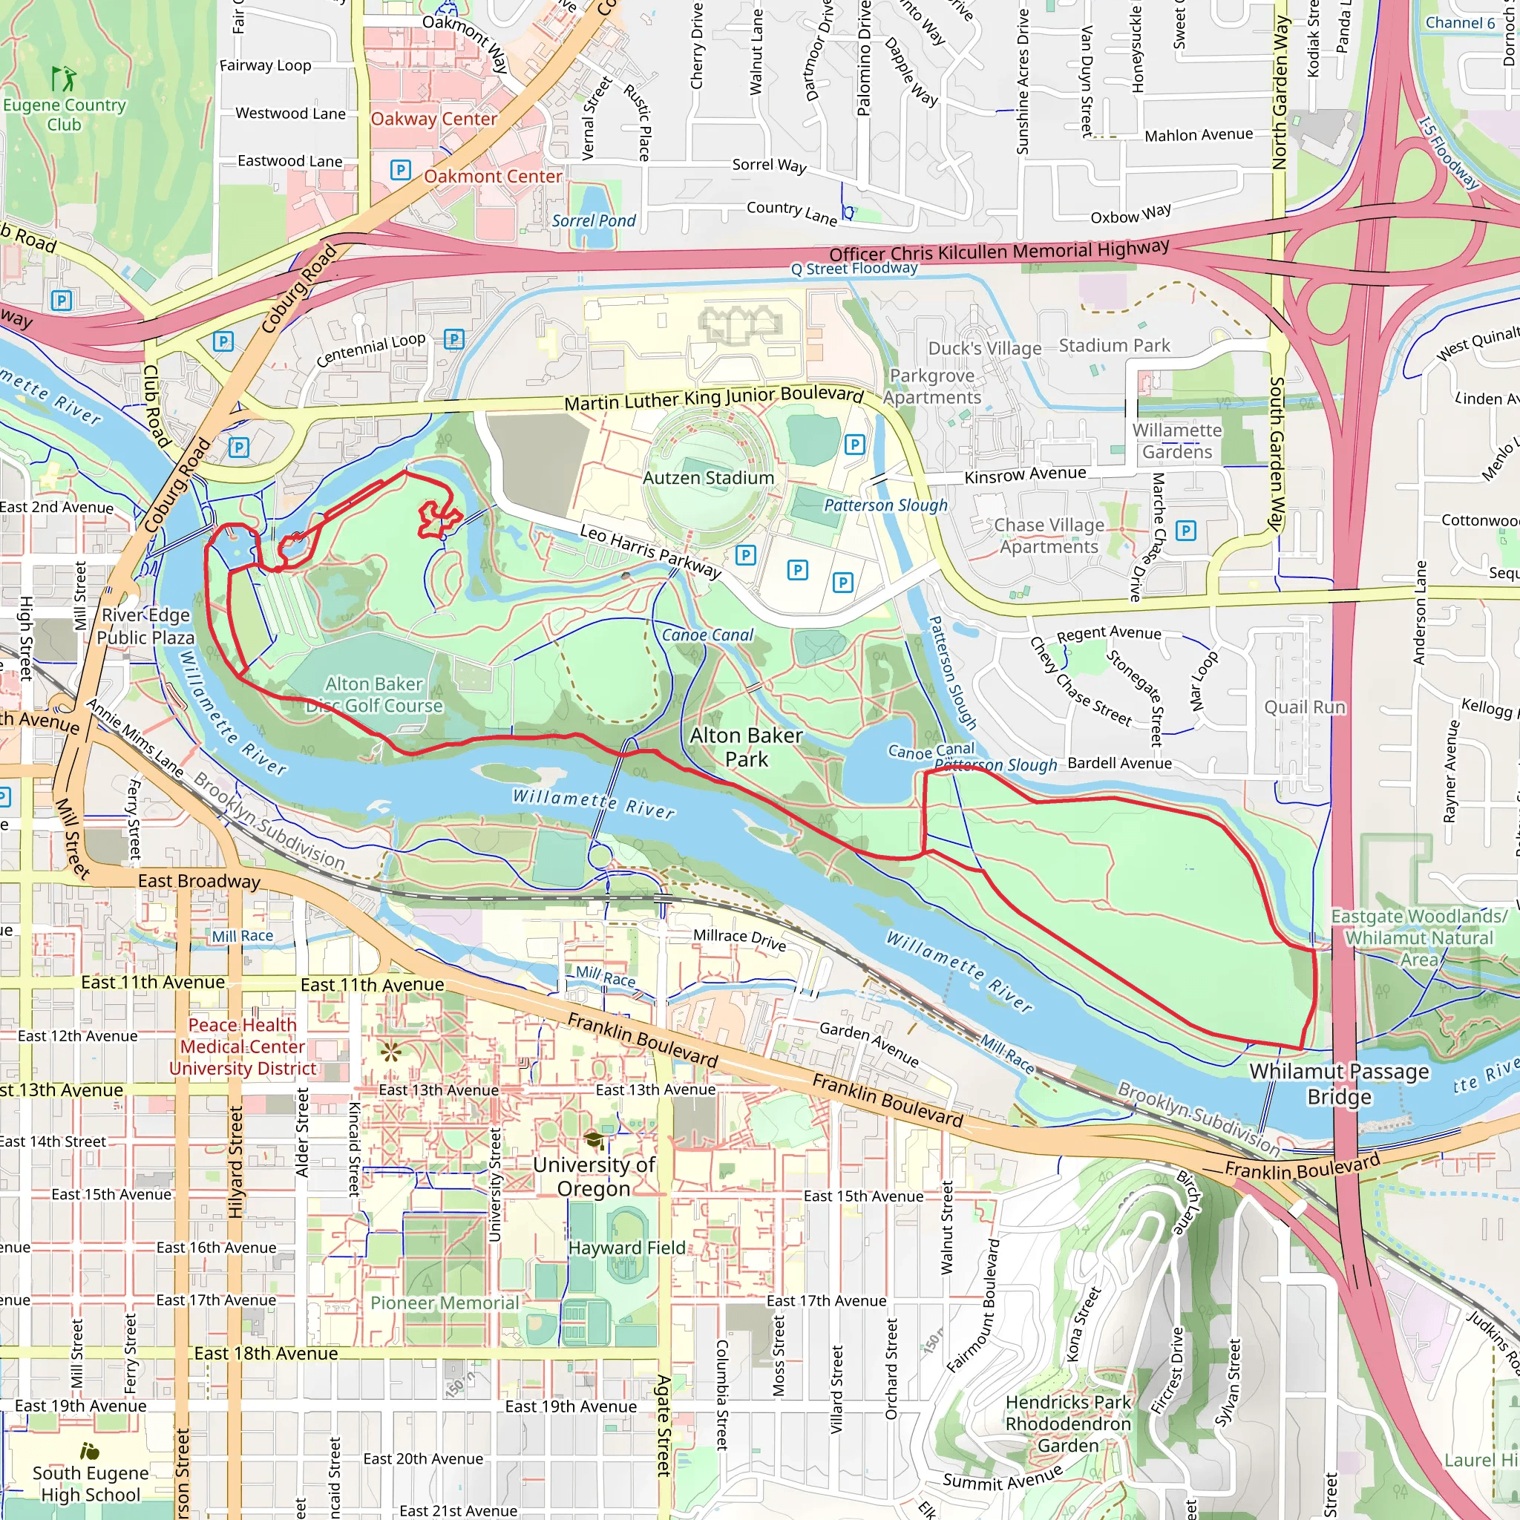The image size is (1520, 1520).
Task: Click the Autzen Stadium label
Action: [x=708, y=477]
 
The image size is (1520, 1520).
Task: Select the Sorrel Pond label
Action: [x=593, y=221]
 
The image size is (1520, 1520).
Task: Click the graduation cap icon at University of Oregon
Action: [x=594, y=1140]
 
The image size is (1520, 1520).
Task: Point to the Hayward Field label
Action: [x=626, y=1248]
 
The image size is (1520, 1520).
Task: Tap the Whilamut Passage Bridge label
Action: [x=1339, y=1084]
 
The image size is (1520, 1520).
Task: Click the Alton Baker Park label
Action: [x=746, y=747]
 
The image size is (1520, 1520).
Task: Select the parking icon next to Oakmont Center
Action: [x=401, y=169]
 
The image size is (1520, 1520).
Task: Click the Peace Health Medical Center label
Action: [x=242, y=1046]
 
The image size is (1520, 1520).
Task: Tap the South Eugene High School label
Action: [x=91, y=1484]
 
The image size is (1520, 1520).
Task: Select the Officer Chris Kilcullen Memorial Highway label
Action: [x=998, y=252]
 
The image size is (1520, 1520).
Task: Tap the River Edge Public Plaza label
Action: [x=145, y=626]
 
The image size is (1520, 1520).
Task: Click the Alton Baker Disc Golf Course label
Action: [x=375, y=695]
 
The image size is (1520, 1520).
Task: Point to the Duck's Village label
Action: [x=984, y=349]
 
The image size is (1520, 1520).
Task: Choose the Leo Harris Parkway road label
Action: [x=650, y=551]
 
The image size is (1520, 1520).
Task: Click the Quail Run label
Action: [x=1305, y=707]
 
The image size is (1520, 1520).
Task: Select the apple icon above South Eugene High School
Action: [x=90, y=1451]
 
